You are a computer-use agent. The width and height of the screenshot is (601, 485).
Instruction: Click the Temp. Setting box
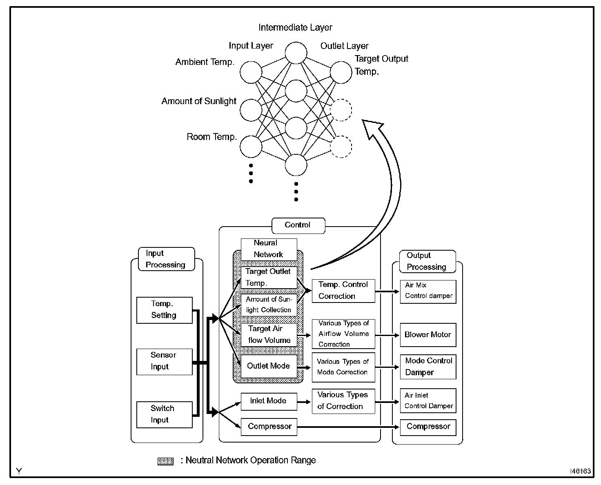point(164,310)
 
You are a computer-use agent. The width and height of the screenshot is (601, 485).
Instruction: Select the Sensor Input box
point(164,361)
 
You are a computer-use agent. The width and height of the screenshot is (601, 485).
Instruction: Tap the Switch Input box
point(164,414)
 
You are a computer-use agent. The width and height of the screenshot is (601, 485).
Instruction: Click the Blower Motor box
point(427,335)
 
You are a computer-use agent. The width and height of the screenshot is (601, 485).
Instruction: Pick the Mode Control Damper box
point(427,367)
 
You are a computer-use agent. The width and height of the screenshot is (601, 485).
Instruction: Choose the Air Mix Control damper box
point(427,291)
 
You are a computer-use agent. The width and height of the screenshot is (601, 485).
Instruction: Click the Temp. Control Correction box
point(343,291)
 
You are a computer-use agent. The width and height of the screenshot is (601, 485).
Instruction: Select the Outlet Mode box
point(268,366)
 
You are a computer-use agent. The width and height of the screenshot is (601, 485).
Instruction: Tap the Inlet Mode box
point(268,401)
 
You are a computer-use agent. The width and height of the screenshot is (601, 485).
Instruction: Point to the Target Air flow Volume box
point(268,335)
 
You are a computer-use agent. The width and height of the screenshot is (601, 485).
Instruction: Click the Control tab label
point(298,225)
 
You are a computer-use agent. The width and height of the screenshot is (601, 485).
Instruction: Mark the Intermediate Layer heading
point(295,28)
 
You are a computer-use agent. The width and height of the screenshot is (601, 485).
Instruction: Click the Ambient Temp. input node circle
point(251,73)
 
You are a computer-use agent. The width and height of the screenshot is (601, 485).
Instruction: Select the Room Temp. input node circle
point(251,147)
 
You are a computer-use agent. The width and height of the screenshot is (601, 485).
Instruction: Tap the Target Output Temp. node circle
point(341,73)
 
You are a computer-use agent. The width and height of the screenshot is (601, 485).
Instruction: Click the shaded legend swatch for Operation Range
point(165,461)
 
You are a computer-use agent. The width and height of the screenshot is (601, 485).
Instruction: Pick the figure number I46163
point(580,471)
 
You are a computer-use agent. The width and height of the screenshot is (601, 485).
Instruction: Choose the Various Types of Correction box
point(343,401)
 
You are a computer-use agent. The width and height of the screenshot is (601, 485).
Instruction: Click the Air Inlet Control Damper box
point(427,401)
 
